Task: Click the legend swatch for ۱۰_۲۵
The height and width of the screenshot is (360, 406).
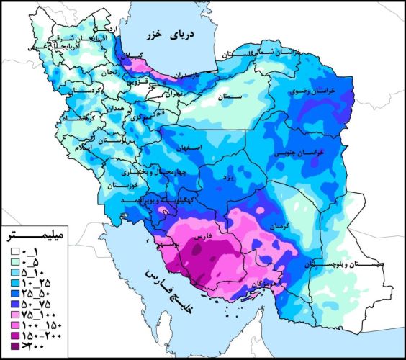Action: pos(14,283)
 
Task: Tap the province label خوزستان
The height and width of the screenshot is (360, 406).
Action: pos(120,186)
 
